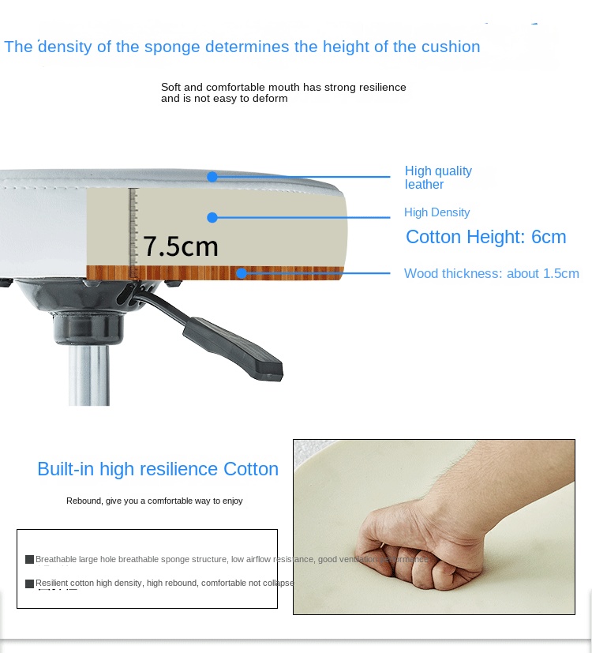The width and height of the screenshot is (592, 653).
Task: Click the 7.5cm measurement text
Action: (x=180, y=246)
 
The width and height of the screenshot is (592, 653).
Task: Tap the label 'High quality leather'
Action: (x=438, y=178)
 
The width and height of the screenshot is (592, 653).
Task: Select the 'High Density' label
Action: (x=437, y=212)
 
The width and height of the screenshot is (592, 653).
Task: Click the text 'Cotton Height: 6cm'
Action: (x=485, y=237)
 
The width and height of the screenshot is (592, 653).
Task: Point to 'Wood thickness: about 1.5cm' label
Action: (x=491, y=274)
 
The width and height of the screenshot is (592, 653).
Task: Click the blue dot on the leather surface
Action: (x=212, y=177)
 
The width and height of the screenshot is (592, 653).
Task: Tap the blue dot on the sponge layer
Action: (x=212, y=217)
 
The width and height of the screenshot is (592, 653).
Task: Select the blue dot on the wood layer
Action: (x=242, y=274)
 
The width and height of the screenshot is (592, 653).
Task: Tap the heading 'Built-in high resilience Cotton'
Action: (x=158, y=469)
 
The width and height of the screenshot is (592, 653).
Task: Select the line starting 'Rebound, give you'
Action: (x=155, y=501)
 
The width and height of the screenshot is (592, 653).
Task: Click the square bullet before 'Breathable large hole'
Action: (x=29, y=559)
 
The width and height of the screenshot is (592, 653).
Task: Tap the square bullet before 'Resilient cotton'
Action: (x=29, y=584)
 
